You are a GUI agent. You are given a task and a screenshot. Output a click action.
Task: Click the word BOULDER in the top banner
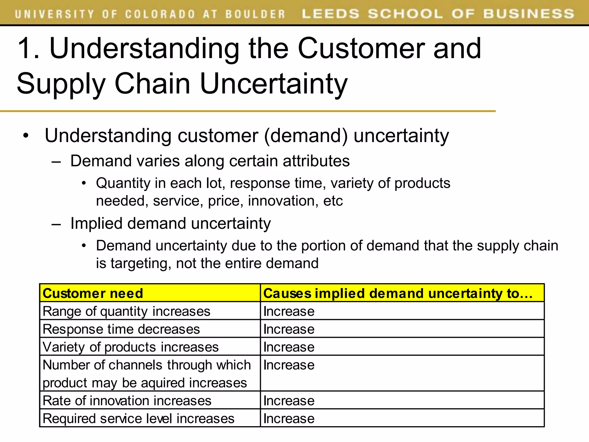(x=255, y=14)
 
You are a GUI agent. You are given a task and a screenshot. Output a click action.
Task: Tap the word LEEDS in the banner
(x=330, y=14)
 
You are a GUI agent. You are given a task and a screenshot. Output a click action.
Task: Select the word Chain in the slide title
(x=152, y=83)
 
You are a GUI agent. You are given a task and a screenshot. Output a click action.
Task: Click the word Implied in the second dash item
(x=96, y=223)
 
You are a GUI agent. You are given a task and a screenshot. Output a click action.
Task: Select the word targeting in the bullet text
(x=141, y=263)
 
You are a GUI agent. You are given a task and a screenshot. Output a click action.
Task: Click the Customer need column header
(x=93, y=293)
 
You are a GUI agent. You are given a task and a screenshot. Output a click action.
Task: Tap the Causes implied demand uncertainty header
(x=398, y=293)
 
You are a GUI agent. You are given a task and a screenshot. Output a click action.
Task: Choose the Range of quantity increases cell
(x=127, y=311)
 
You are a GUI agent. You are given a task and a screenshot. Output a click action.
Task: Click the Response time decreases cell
(x=121, y=329)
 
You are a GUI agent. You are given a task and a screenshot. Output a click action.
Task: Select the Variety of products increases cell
(x=131, y=347)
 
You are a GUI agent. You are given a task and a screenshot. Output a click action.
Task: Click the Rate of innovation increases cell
(x=127, y=401)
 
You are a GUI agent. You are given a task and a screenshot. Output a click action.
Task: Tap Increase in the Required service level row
(x=289, y=418)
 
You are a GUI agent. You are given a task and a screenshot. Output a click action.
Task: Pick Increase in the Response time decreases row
(x=289, y=329)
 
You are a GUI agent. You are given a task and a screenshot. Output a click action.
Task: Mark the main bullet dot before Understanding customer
(x=26, y=136)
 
